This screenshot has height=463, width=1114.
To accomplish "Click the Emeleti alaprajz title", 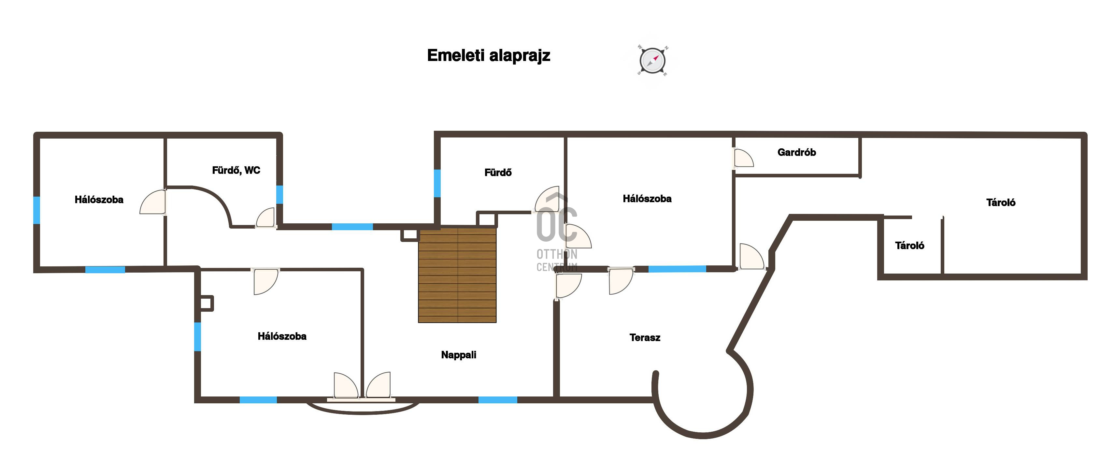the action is tap(488, 56).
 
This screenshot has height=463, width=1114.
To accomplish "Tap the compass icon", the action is tap(652, 60).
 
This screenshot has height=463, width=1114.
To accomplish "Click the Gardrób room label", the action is tap(797, 152).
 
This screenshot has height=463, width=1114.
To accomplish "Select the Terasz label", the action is tap(645, 337).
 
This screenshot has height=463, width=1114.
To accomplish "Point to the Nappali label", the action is tap(458, 355).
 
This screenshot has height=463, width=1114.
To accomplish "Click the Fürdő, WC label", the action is tap(236, 170).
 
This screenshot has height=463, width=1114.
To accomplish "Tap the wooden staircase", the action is tap(457, 276).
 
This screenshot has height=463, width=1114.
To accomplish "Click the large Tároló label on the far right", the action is tap(1001, 202).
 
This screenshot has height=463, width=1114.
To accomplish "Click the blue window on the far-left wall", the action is tap(37, 210).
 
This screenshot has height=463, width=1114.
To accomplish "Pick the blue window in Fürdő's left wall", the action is tap(437, 183).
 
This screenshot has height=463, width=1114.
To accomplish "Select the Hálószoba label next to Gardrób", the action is tap(647, 199).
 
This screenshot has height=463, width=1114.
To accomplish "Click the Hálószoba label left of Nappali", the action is tap(282, 336).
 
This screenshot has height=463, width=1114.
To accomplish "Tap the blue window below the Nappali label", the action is tap(498, 400).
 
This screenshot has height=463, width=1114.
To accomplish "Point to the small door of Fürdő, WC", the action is tap(265, 218).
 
